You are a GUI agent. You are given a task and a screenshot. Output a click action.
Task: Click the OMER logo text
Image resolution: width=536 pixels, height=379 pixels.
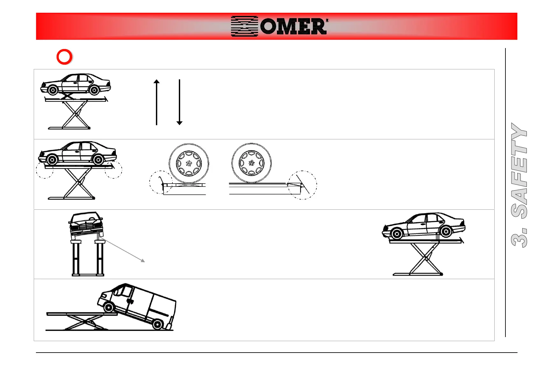pos(293,26)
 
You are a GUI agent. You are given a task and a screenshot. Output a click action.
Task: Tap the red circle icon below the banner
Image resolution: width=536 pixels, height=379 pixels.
pos(64,57)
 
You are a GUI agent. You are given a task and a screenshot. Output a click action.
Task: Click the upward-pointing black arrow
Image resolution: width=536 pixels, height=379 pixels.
pos(157,102)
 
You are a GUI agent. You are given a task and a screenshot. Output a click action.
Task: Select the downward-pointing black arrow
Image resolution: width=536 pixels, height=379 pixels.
pos(180,102)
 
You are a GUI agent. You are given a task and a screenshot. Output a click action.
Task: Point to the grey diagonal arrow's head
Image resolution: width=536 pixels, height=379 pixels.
pos(143,261)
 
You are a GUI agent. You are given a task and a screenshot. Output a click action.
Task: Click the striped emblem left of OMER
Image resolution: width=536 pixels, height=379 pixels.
pos(244,26)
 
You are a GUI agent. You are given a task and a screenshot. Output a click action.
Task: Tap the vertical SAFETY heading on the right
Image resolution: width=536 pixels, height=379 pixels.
pos(519,185)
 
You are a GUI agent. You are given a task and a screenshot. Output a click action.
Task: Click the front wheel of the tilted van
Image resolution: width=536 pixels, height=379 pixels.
pos(109,307)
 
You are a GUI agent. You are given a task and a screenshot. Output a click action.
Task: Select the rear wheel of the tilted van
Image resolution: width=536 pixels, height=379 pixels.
pos(157,324)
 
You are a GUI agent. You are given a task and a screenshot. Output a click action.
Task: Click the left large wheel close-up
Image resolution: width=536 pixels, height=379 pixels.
pos(189,163)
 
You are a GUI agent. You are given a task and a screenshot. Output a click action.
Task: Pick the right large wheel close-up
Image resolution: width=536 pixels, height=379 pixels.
pos(251,163)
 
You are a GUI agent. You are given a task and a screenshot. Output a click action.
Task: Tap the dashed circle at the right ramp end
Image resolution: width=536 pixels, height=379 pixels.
pos(302,185)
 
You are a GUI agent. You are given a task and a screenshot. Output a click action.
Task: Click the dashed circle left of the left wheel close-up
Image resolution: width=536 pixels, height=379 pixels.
pos(161,182)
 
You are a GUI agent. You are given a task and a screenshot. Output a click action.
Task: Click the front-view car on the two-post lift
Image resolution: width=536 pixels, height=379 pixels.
pos(86,224)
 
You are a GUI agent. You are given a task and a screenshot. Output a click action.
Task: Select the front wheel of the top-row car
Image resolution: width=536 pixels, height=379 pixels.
pos(53,90)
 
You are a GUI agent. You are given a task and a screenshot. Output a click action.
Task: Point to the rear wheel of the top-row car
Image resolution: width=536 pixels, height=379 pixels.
pos(94,90)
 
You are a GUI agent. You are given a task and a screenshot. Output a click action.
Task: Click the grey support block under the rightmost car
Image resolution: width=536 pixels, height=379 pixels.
pos(438,237)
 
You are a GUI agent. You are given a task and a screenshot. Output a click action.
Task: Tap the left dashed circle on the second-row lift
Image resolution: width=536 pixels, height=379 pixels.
pos(45,170)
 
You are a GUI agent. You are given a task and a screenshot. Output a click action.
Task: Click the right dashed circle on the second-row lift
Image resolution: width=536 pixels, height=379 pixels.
pos(114,170)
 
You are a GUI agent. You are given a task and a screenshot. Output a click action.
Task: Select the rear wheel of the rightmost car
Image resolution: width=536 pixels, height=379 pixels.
pos(446,232)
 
